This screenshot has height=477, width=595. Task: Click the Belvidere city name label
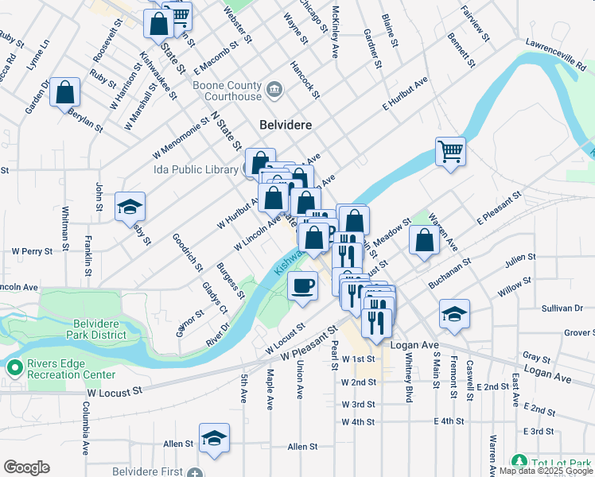[x=286, y=125]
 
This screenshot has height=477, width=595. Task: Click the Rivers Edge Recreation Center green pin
[x=14, y=368]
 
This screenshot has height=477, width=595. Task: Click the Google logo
[x=26, y=467]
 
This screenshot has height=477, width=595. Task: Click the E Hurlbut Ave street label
[x=405, y=93]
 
